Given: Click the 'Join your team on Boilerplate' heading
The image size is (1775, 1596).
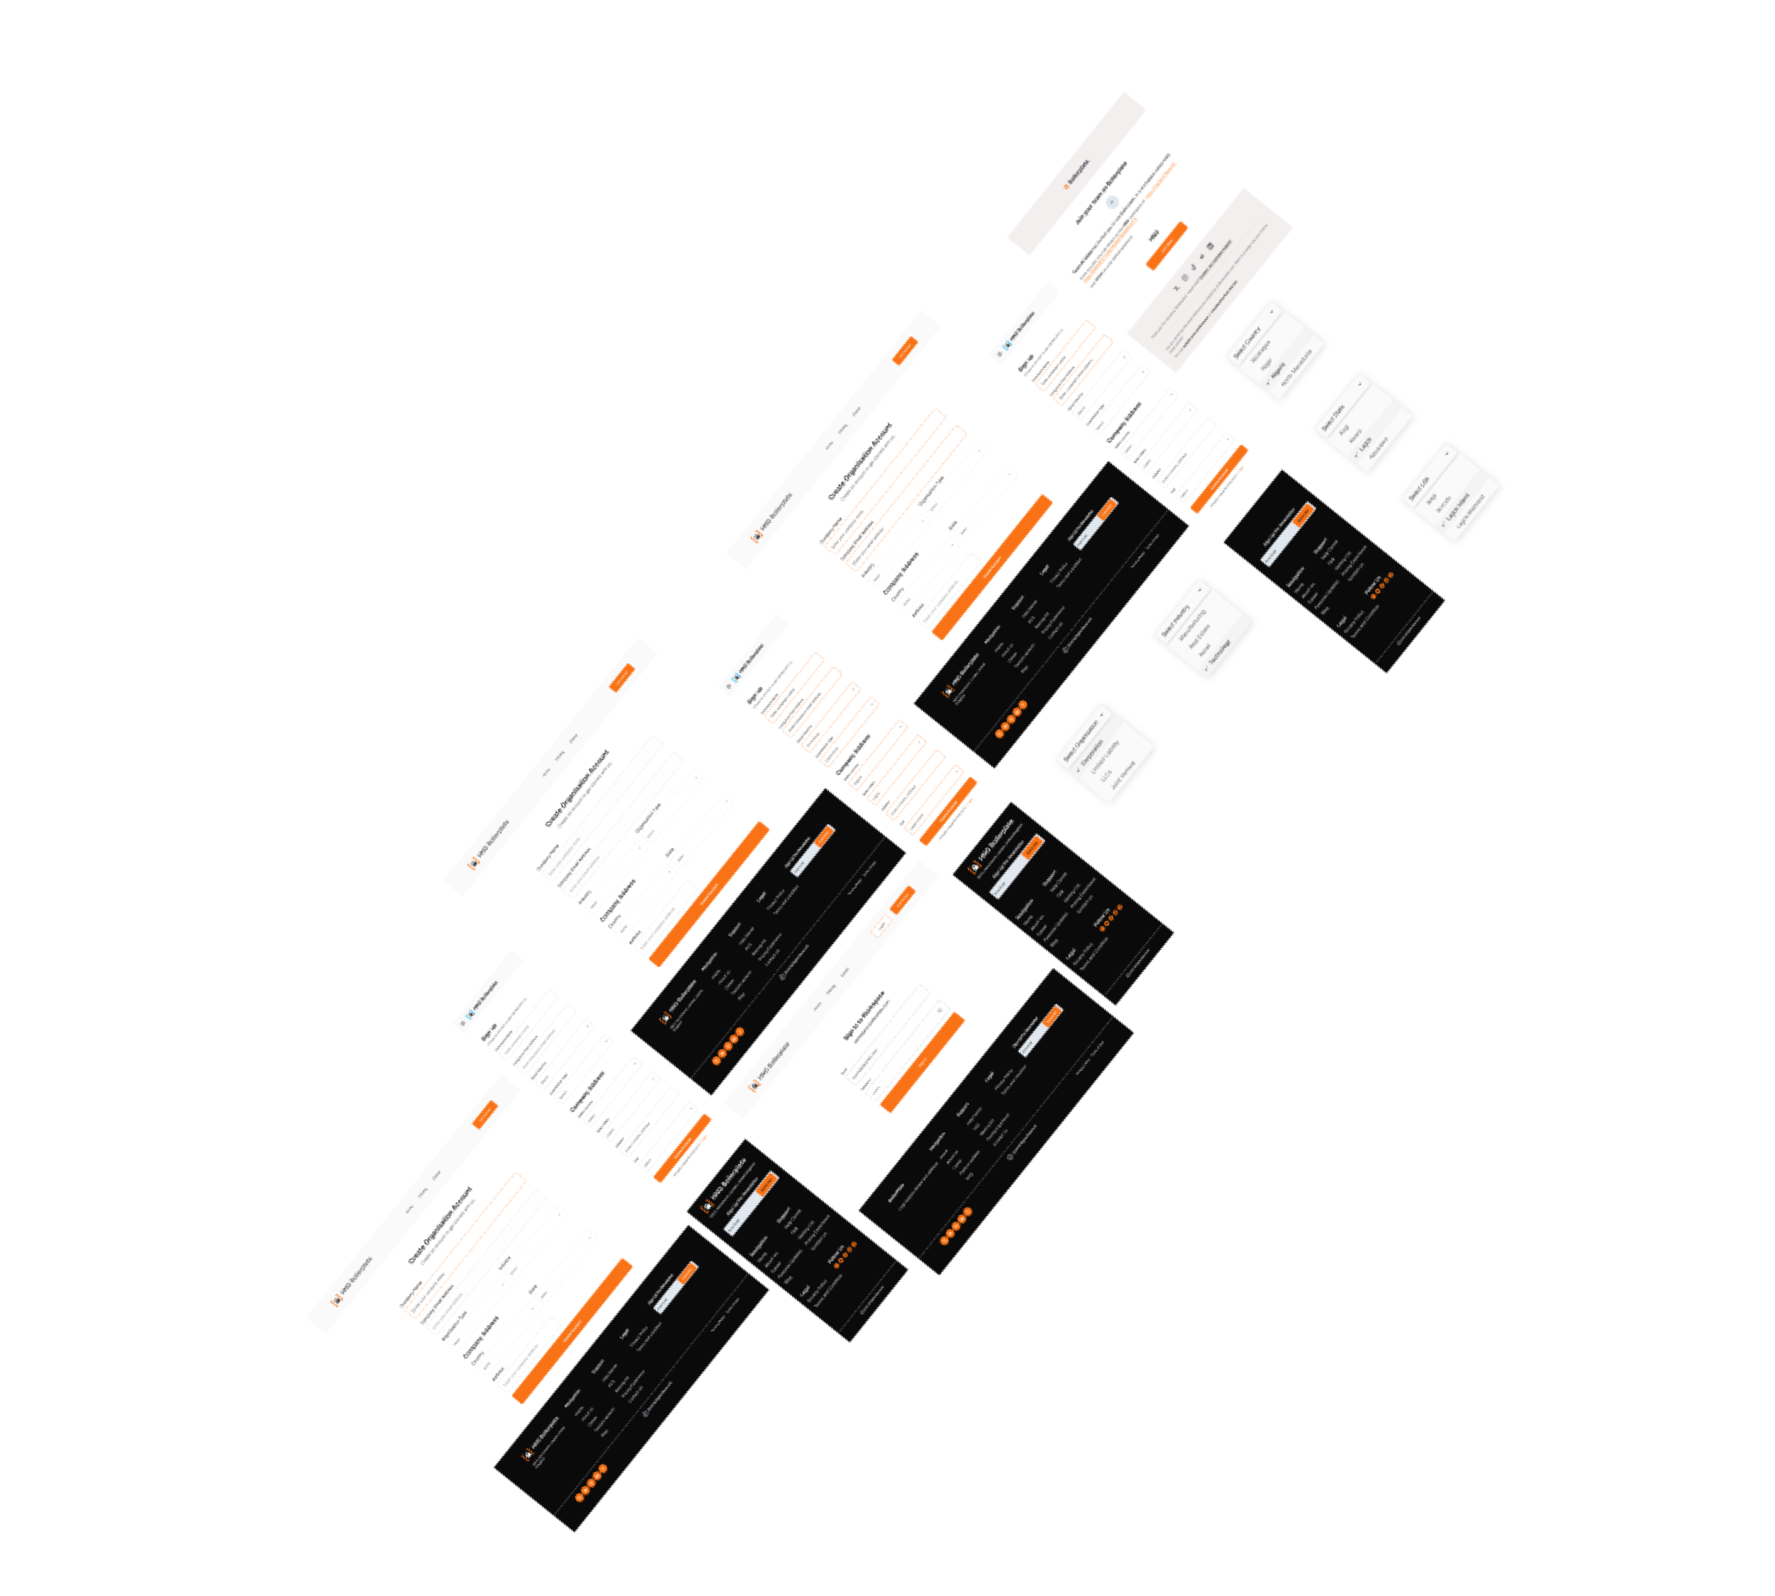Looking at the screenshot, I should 1101,192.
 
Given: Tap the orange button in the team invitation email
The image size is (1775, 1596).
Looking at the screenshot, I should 1167,246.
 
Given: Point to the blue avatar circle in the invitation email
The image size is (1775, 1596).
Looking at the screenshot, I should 1113,203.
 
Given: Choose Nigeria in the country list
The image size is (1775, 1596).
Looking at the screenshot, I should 1278,368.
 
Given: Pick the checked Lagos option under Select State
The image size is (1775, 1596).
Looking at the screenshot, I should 1364,445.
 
